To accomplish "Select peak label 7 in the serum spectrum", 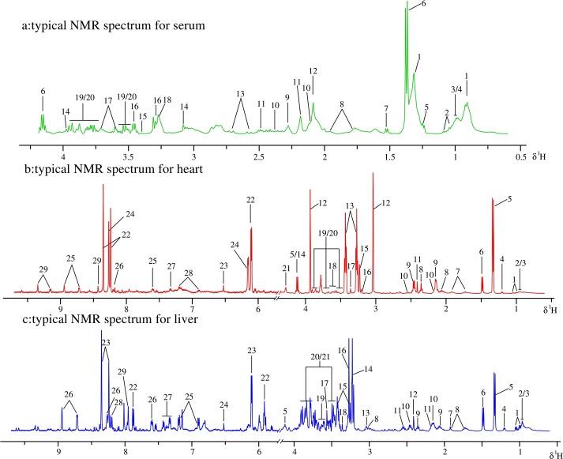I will [x=385, y=108].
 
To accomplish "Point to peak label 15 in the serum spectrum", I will [x=142, y=116].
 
